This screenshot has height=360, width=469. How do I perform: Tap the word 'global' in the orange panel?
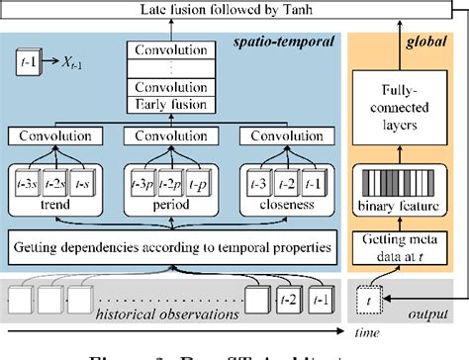pos(427,45)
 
